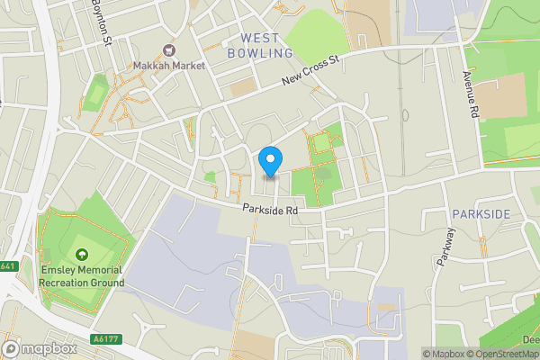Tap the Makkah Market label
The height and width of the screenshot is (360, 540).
click(x=168, y=66)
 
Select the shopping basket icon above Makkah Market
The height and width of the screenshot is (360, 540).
click(x=168, y=51)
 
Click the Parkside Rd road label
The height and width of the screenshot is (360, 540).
click(x=269, y=209)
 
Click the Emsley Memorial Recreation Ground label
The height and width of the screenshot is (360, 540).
click(x=82, y=275)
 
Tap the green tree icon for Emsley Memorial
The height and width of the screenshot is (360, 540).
click(x=82, y=255)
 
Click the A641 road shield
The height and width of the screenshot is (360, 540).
click(x=8, y=266)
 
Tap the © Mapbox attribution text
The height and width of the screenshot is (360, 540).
click(x=443, y=354)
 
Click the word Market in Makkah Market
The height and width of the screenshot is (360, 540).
click(x=186, y=66)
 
